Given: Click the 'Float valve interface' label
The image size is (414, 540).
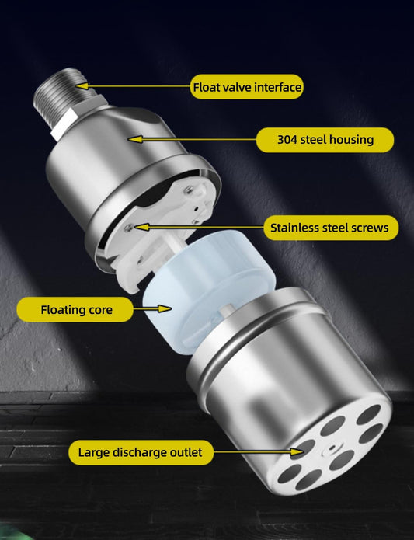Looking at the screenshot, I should click(x=246, y=87).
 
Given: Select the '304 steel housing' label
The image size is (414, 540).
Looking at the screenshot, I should click(x=325, y=140).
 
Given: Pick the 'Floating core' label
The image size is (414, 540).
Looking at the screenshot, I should click(x=76, y=310).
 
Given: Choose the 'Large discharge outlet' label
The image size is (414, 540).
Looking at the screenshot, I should click(x=140, y=452).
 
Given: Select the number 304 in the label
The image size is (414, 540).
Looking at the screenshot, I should click(x=287, y=140).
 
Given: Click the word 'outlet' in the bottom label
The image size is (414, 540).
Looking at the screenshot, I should click(x=184, y=452).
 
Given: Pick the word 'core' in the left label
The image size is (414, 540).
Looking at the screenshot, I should click(x=98, y=310).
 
